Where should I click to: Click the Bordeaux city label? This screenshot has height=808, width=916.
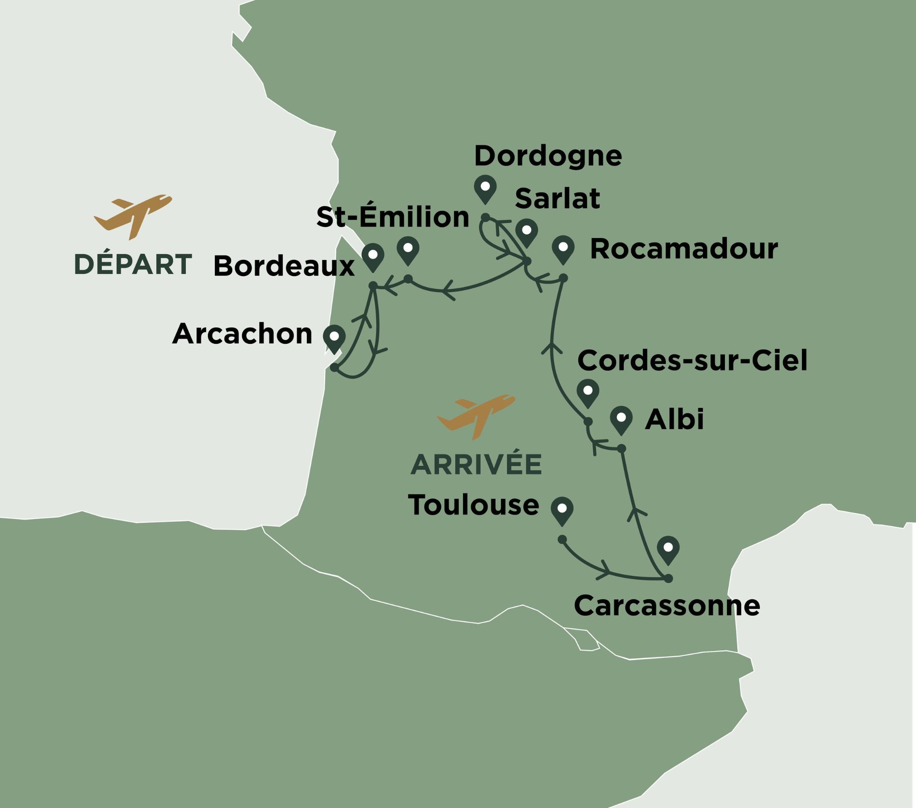pyautogui.click(x=284, y=266)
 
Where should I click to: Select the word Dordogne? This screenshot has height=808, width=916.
pyautogui.click(x=548, y=156)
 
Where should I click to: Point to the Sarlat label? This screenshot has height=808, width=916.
pyautogui.click(x=557, y=198)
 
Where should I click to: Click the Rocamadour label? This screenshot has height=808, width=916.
pyautogui.click(x=683, y=249)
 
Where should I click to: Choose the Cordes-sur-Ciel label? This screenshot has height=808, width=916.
pyautogui.click(x=692, y=360)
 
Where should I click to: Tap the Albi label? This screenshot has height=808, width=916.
pyautogui.click(x=674, y=419)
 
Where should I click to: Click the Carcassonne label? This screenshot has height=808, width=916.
pyautogui.click(x=667, y=606)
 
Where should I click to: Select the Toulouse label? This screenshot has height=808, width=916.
pyautogui.click(x=473, y=505)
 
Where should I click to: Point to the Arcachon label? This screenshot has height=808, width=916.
pyautogui.click(x=242, y=334)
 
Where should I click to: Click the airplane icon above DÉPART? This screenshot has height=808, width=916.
pyautogui.click(x=133, y=216)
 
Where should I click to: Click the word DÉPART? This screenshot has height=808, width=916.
pyautogui.click(x=133, y=265)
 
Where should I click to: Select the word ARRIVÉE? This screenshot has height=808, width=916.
pyautogui.click(x=476, y=465)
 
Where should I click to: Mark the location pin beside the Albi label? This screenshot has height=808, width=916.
pyautogui.click(x=621, y=419)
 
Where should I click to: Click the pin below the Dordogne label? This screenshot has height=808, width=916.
pyautogui.click(x=485, y=189)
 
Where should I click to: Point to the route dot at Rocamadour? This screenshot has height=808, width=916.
pyautogui.click(x=564, y=278)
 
